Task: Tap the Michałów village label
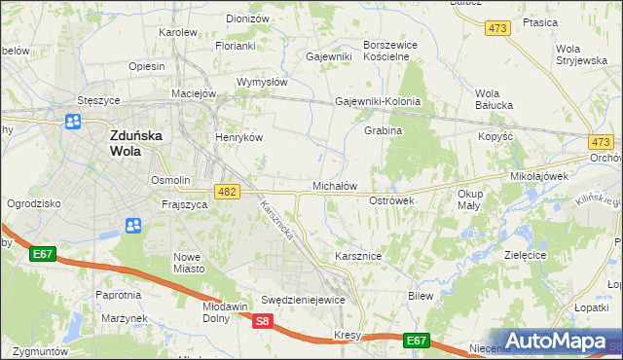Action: tap(335, 185)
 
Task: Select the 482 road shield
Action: tap(227, 193)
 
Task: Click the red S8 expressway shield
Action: tap(262, 320)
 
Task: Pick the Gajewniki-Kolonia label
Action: tap(378, 101)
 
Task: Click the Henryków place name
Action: tap(239, 137)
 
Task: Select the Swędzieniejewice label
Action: tap(303, 300)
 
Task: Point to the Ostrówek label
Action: tap(392, 199)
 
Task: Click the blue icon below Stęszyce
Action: tap(73, 122)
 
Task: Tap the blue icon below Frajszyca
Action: tap(133, 226)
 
